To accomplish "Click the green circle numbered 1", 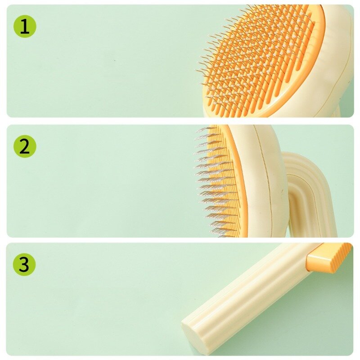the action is (25, 26).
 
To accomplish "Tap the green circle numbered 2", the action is (25, 146).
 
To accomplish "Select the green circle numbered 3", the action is (24, 264).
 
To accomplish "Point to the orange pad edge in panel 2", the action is (239, 179).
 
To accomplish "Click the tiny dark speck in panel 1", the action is (115, 60).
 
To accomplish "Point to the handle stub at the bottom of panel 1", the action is (336, 112).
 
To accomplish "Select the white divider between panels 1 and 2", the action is (180, 121).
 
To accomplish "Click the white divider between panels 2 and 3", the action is (180, 240).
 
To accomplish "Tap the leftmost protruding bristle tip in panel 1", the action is (196, 70).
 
